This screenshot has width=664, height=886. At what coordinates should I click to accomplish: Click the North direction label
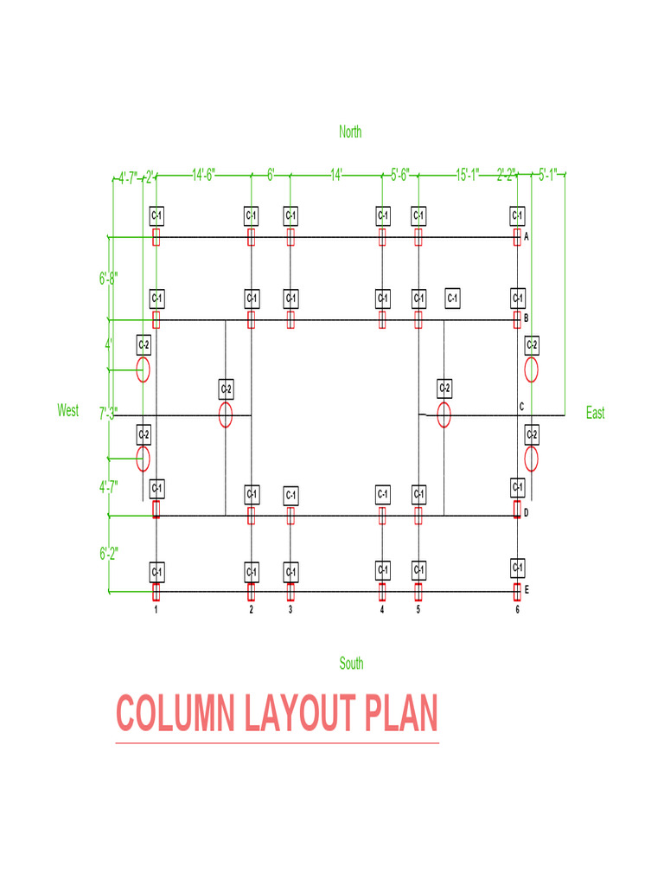pos(350,132)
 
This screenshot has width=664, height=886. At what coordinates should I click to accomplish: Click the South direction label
pos(351,664)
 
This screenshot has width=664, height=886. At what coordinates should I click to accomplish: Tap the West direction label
pos(68,410)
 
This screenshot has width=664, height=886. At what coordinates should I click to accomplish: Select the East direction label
pos(595,414)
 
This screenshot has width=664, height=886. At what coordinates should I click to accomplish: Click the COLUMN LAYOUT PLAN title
pos(277,715)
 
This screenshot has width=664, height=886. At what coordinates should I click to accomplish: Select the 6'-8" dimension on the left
pos(108,279)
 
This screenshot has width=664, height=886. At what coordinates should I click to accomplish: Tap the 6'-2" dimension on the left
pos(108,554)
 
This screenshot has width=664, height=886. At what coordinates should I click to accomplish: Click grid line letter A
pos(526,235)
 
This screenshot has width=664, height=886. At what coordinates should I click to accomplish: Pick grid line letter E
pos(526,591)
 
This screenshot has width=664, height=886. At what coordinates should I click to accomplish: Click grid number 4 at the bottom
pos(381,610)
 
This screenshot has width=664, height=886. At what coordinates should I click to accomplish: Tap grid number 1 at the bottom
pos(156,610)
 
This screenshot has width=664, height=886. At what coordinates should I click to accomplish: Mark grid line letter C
pos(521,407)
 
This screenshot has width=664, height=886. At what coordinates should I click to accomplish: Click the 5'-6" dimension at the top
pos(400,176)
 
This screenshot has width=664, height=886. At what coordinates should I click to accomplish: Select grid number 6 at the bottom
pos(517,610)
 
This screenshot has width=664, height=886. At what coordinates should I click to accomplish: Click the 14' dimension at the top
pos(336,176)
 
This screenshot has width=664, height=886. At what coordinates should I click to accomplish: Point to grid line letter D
pos(526,514)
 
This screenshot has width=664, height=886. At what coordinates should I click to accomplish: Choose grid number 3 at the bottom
pos(290,610)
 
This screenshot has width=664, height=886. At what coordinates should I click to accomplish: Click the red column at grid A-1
pos(156,237)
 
